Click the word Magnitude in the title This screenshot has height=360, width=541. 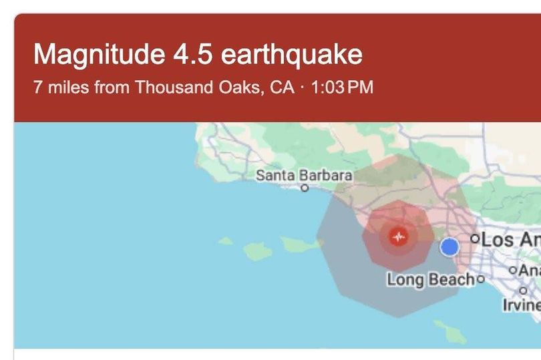91,54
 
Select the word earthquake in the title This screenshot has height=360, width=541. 291,54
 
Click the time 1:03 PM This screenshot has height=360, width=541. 342,87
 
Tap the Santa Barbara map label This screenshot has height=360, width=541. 304,176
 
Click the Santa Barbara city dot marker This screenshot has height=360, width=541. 305,188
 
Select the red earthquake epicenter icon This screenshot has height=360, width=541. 399,237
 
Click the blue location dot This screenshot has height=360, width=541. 449,247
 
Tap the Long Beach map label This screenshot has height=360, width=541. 430,279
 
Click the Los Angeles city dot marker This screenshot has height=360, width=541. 475,238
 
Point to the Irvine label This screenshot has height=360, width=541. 522,305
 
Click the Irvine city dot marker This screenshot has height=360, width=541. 523,291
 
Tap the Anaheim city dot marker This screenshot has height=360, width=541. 513,271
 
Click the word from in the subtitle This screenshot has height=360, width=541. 112,87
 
